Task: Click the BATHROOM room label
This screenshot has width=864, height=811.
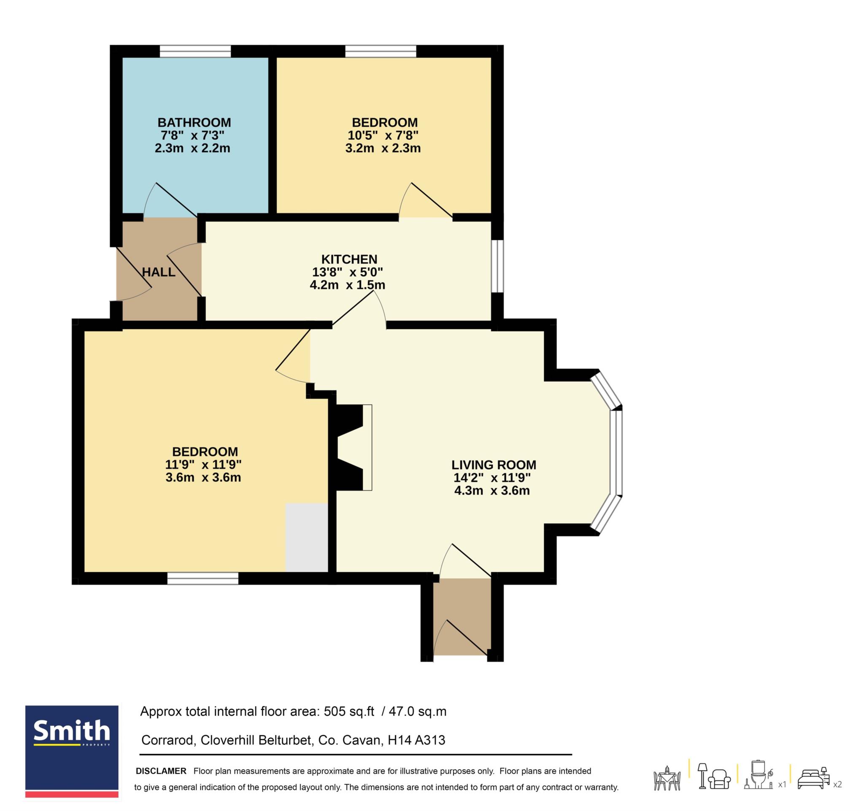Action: tap(194, 122)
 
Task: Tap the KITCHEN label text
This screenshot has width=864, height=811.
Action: tap(349, 260)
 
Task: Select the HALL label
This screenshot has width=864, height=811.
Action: tap(159, 272)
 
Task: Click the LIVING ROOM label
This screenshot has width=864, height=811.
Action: tap(494, 465)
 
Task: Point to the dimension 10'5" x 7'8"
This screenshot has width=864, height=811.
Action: tap(383, 135)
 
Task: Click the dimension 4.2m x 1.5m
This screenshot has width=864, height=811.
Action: tap(347, 285)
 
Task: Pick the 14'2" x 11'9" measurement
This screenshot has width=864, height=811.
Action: tap(492, 478)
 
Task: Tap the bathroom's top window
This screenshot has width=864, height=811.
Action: tap(195, 51)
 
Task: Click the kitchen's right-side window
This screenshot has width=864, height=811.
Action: tap(497, 266)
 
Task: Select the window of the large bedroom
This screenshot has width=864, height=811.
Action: tap(203, 578)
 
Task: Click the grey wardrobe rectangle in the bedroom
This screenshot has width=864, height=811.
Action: tap(306, 538)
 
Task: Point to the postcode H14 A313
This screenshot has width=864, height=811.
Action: tap(416, 740)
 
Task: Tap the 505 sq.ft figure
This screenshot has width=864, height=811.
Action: tap(349, 711)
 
